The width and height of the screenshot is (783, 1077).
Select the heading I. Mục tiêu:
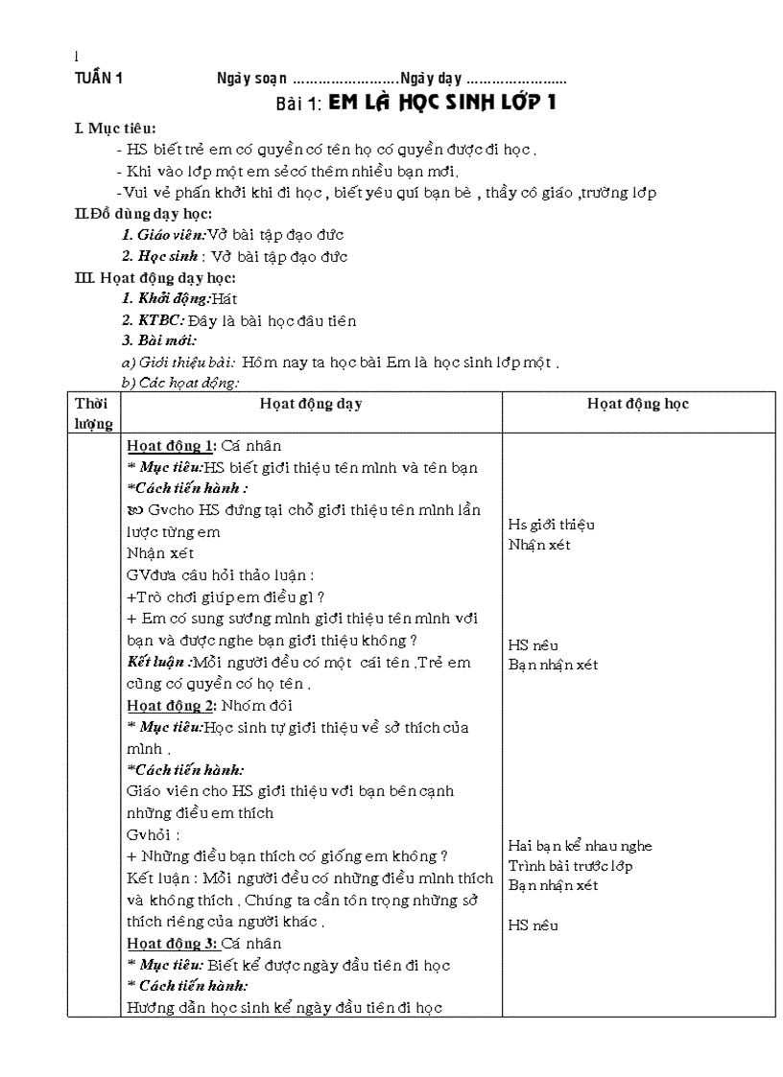pyautogui.click(x=115, y=129)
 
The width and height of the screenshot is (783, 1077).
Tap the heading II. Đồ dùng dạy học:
pyautogui.click(x=143, y=214)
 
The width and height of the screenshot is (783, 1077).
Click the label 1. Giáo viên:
pyautogui.click(x=164, y=235)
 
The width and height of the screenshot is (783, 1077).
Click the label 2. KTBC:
pyautogui.click(x=147, y=320)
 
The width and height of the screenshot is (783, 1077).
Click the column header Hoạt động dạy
pyautogui.click(x=311, y=404)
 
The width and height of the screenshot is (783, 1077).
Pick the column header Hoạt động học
pyautogui.click(x=638, y=404)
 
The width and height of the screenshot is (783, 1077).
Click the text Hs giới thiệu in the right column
pyautogui.click(x=551, y=525)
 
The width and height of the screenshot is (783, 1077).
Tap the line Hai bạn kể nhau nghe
pyautogui.click(x=580, y=846)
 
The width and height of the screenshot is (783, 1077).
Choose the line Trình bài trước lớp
pyautogui.click(x=570, y=866)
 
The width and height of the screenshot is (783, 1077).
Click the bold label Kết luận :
pyautogui.click(x=159, y=662)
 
